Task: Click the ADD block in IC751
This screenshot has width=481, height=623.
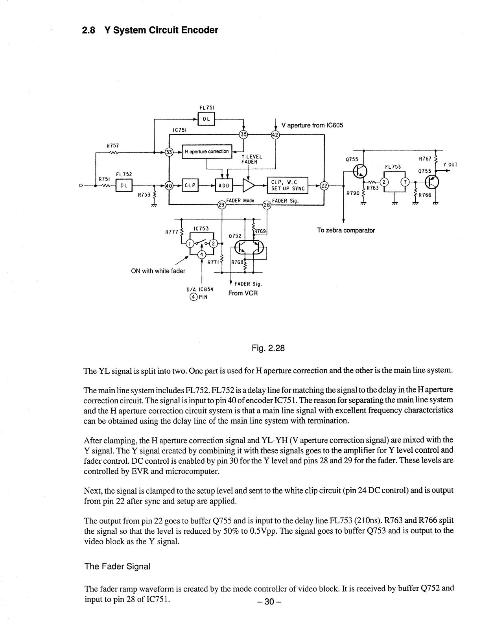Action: click(x=224, y=186)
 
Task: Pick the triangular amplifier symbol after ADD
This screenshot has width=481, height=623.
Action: click(x=248, y=186)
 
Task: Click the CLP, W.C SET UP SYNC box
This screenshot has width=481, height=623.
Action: click(x=288, y=185)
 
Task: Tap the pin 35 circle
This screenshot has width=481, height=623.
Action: click(x=244, y=135)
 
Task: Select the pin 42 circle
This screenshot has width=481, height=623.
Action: click(x=275, y=135)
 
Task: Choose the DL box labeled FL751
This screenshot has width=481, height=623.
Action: click(x=206, y=118)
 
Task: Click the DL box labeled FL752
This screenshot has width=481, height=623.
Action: click(x=124, y=186)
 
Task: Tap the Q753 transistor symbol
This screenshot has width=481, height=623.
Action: click(x=433, y=182)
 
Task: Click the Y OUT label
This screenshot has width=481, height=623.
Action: click(x=450, y=165)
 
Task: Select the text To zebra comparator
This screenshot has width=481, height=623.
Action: click(x=346, y=230)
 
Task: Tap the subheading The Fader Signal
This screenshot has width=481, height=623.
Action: click(x=117, y=566)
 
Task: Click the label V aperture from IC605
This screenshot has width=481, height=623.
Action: click(x=312, y=125)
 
